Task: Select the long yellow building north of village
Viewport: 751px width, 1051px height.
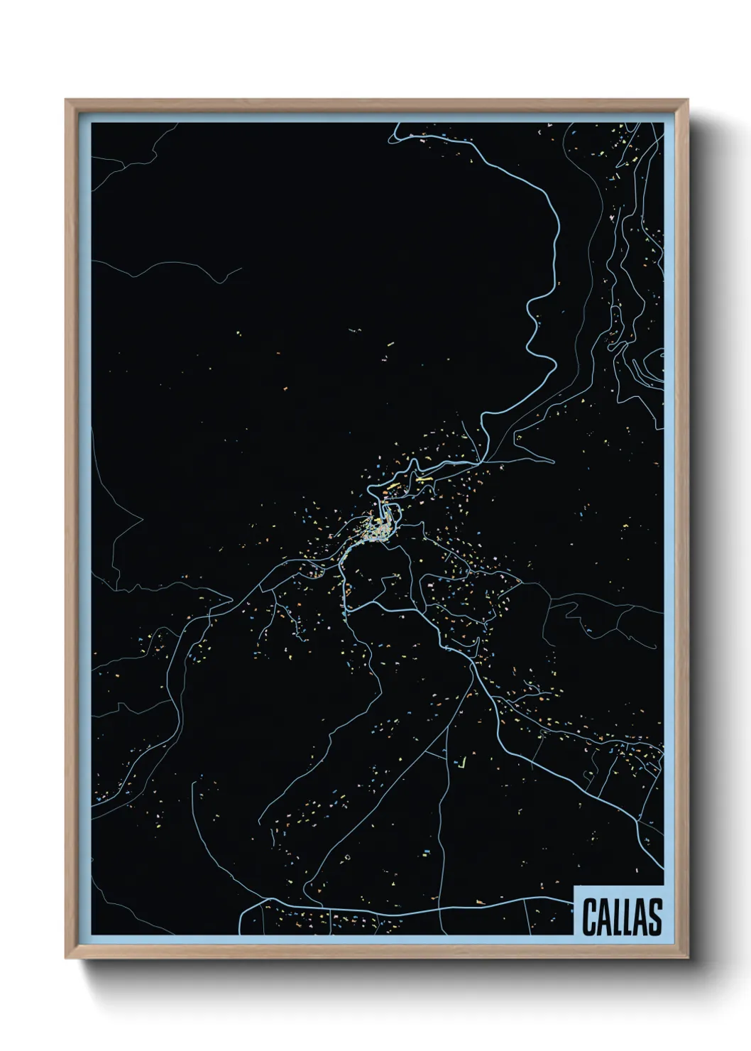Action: (424, 479)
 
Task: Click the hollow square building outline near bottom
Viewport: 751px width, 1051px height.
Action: (348, 858)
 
